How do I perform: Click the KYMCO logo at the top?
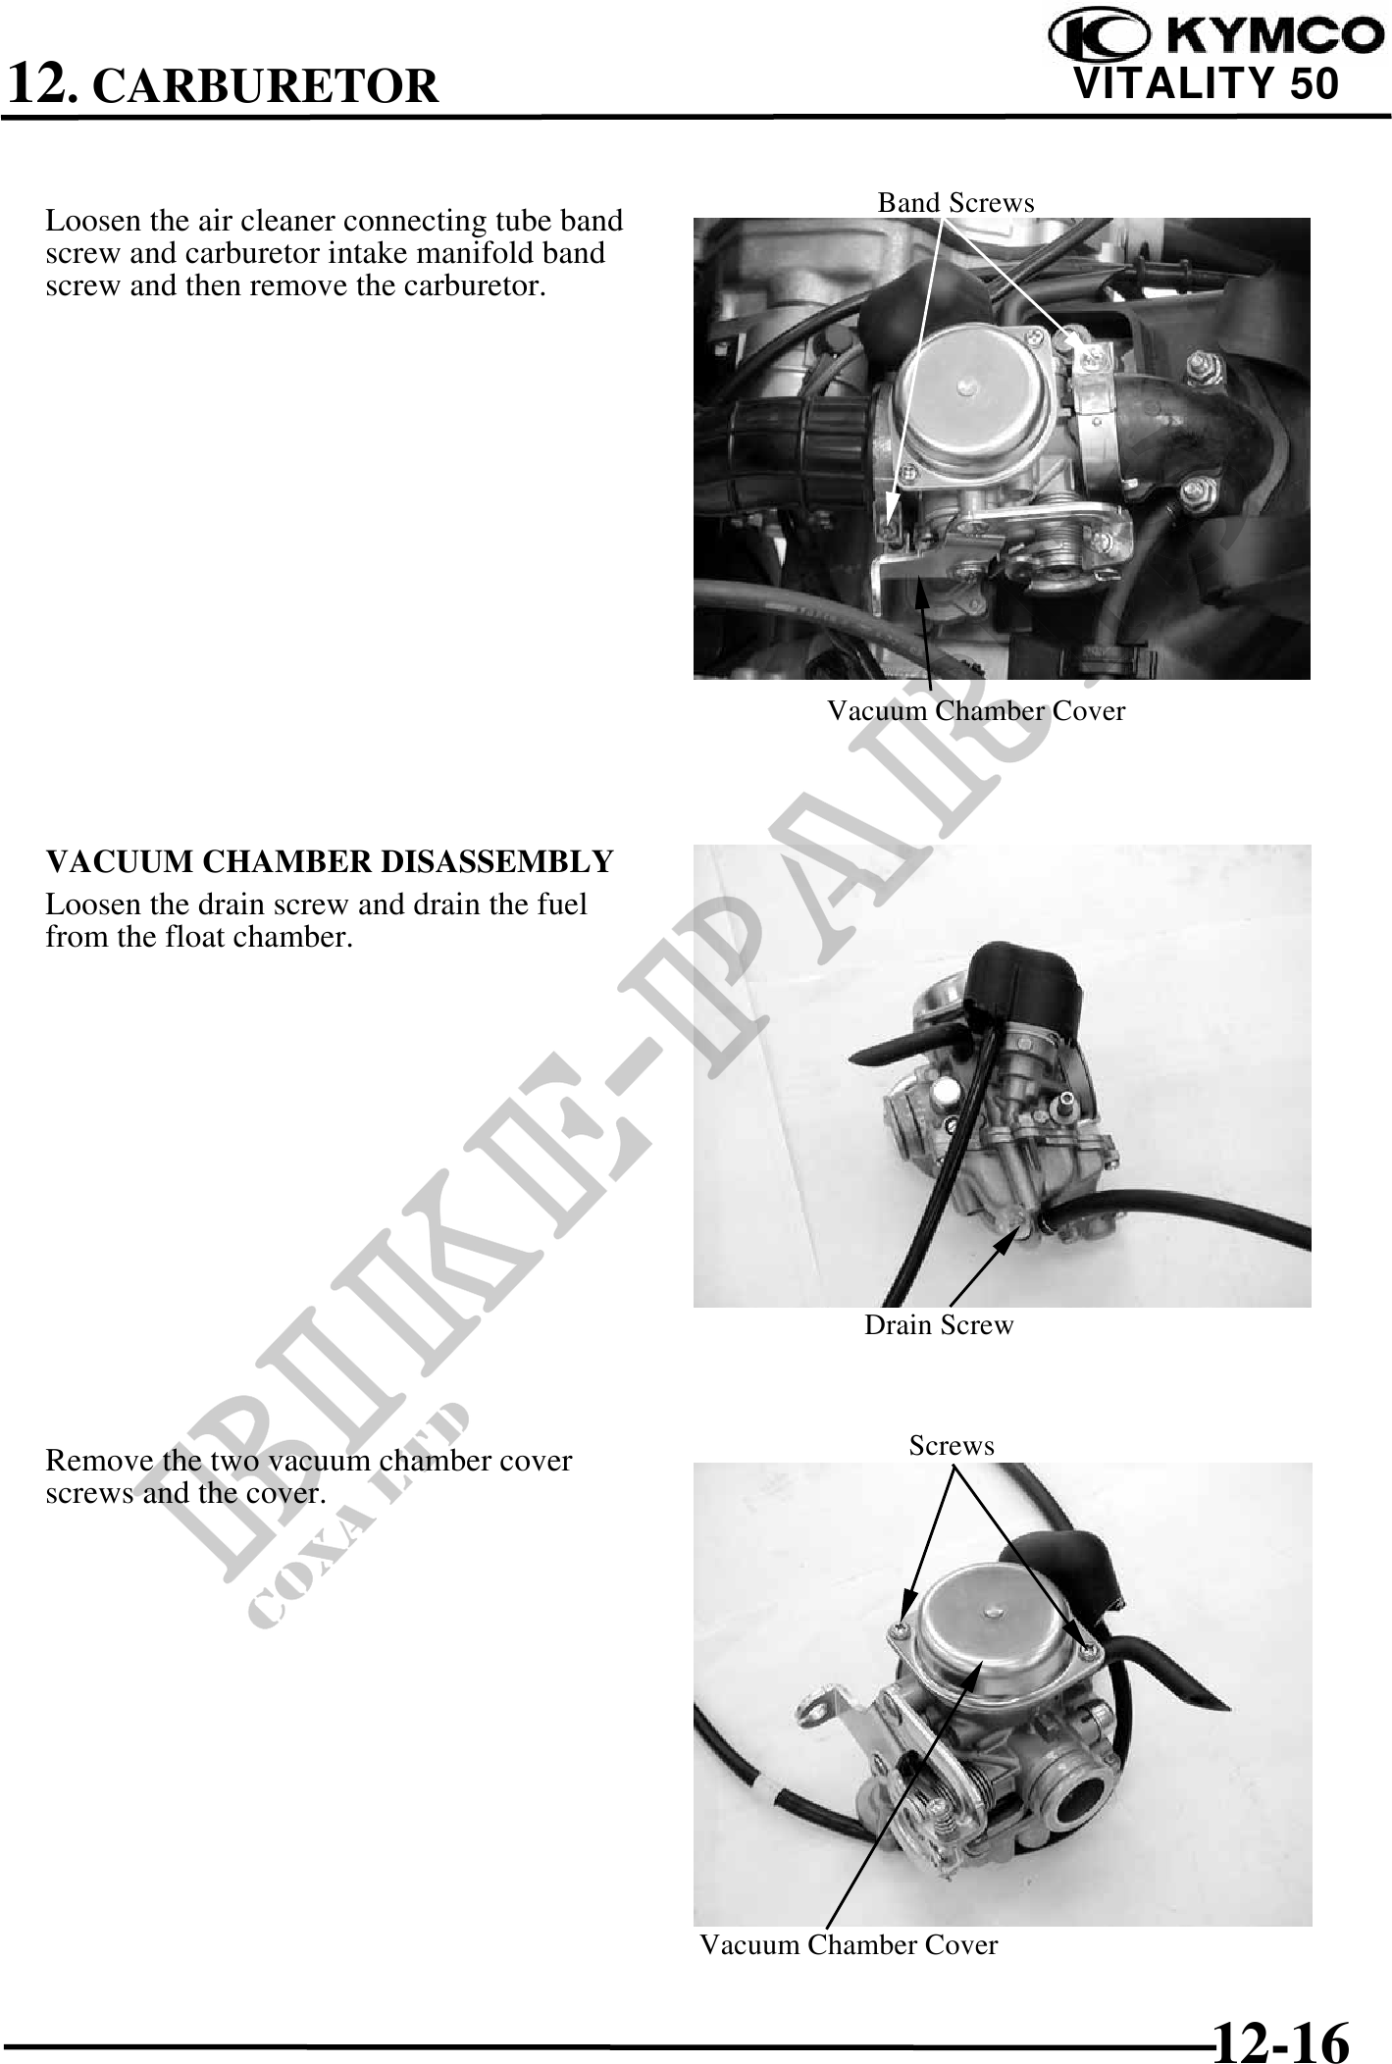(x=1210, y=36)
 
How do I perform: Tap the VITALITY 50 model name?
(x=1207, y=84)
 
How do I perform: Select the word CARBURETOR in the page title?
(x=270, y=86)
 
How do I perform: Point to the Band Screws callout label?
(x=955, y=202)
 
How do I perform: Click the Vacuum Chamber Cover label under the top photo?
(x=976, y=710)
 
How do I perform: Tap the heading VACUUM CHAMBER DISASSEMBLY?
(x=330, y=861)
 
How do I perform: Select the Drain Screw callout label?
(x=939, y=1324)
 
